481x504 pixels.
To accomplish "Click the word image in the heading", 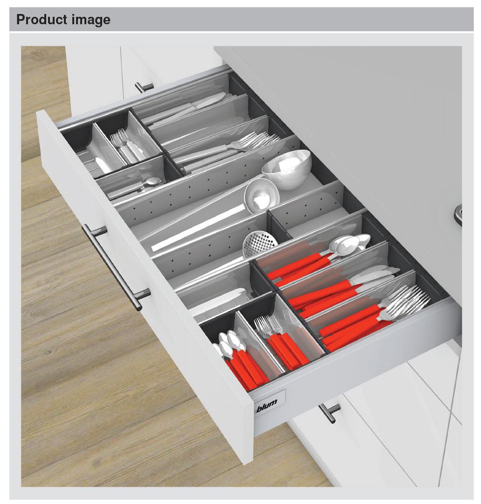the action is (x=91, y=20).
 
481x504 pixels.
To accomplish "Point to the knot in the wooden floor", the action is (x=48, y=352).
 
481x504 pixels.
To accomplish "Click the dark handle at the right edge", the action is (x=458, y=215).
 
